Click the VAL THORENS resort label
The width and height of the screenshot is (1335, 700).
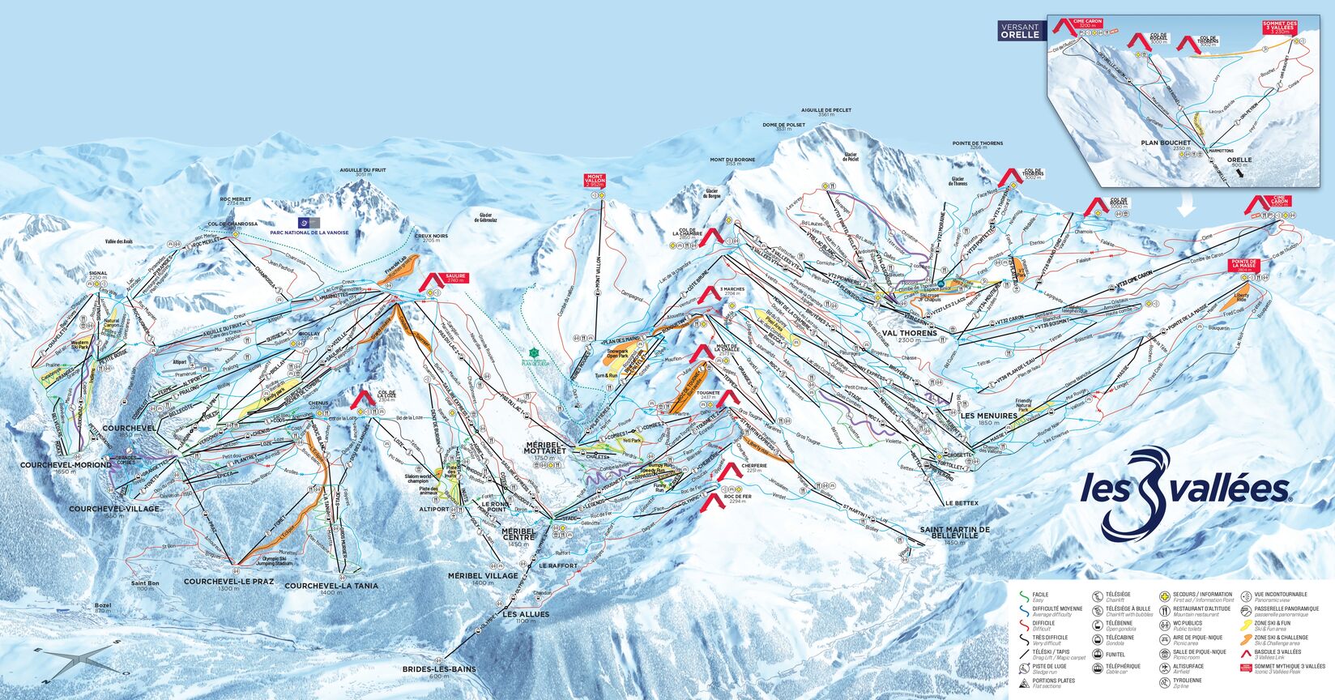910,333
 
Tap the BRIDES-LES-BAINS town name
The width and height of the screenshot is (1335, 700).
439,669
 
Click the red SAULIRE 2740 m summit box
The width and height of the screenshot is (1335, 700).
455,278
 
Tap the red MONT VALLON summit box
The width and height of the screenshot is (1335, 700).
595,181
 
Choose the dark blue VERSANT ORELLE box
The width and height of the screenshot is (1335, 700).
1019,31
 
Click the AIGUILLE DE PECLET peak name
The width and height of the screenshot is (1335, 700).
823,112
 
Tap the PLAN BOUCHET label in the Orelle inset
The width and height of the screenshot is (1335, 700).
1165,143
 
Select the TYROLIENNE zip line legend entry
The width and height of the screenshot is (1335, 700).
1188,681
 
